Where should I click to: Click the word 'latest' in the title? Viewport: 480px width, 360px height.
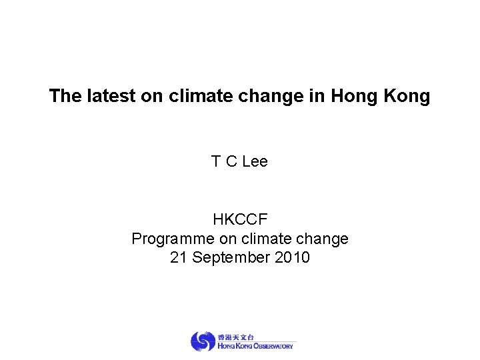111,97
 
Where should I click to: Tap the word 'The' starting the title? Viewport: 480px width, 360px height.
65,97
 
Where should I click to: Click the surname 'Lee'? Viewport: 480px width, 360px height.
255,161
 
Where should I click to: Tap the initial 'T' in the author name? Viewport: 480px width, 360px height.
216,161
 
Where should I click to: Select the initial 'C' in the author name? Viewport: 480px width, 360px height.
231,161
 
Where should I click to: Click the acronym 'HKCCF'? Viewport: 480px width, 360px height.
239,219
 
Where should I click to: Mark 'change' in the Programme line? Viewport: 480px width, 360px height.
322,239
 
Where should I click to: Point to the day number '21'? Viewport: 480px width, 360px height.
179,258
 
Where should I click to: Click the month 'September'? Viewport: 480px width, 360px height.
231,258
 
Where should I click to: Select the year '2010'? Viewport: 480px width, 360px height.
292,258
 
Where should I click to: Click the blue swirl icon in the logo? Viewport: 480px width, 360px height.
201,341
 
